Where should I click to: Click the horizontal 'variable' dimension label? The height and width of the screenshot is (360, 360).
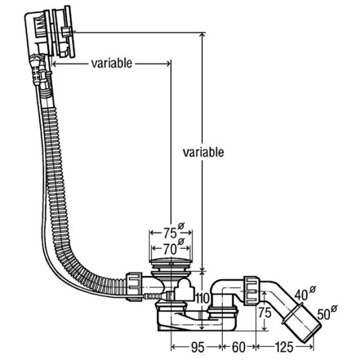point(112,63)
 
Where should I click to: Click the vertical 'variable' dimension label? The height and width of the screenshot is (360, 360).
point(203,152)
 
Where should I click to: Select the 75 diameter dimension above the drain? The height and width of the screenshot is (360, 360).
point(170,233)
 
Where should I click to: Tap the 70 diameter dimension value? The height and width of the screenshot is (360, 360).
point(170,249)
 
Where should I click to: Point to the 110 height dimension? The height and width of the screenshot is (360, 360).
point(202,298)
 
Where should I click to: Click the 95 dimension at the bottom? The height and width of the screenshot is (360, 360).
point(198,347)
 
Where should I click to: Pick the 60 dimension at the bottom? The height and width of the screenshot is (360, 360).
point(238,347)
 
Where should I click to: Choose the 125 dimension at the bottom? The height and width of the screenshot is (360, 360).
point(284,347)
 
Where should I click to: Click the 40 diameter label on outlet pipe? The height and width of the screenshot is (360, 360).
point(302,295)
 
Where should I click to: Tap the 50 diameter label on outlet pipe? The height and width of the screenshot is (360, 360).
point(324,315)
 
